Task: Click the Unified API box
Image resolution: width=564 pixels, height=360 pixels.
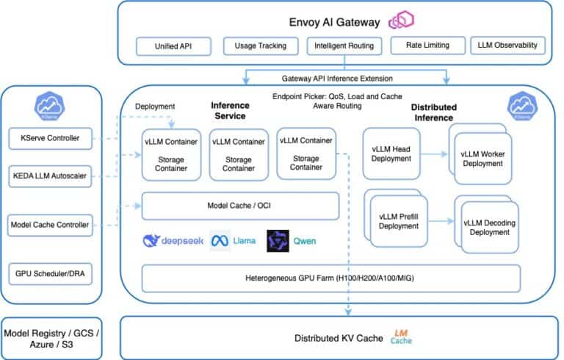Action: [x=173, y=46]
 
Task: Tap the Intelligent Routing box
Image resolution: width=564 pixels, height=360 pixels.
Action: [x=344, y=46]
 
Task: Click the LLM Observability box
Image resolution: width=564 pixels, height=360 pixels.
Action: [x=507, y=46]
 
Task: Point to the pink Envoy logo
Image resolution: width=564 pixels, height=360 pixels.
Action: [x=403, y=21]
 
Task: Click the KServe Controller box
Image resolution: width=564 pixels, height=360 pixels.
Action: [x=51, y=137]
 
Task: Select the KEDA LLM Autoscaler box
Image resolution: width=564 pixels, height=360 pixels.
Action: [x=51, y=176]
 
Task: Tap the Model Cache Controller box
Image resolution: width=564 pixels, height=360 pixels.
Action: [x=51, y=224]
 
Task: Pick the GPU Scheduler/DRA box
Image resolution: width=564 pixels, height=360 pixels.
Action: [x=51, y=273]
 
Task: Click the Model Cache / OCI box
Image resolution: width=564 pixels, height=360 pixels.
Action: [x=240, y=206]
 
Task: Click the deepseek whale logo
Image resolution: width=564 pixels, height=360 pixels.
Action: [x=152, y=241]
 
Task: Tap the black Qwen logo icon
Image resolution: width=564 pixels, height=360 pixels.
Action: [x=278, y=241]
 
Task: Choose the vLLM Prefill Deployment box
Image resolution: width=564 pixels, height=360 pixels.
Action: [x=398, y=220]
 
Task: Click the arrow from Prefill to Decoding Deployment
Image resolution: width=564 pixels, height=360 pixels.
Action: [x=439, y=220]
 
